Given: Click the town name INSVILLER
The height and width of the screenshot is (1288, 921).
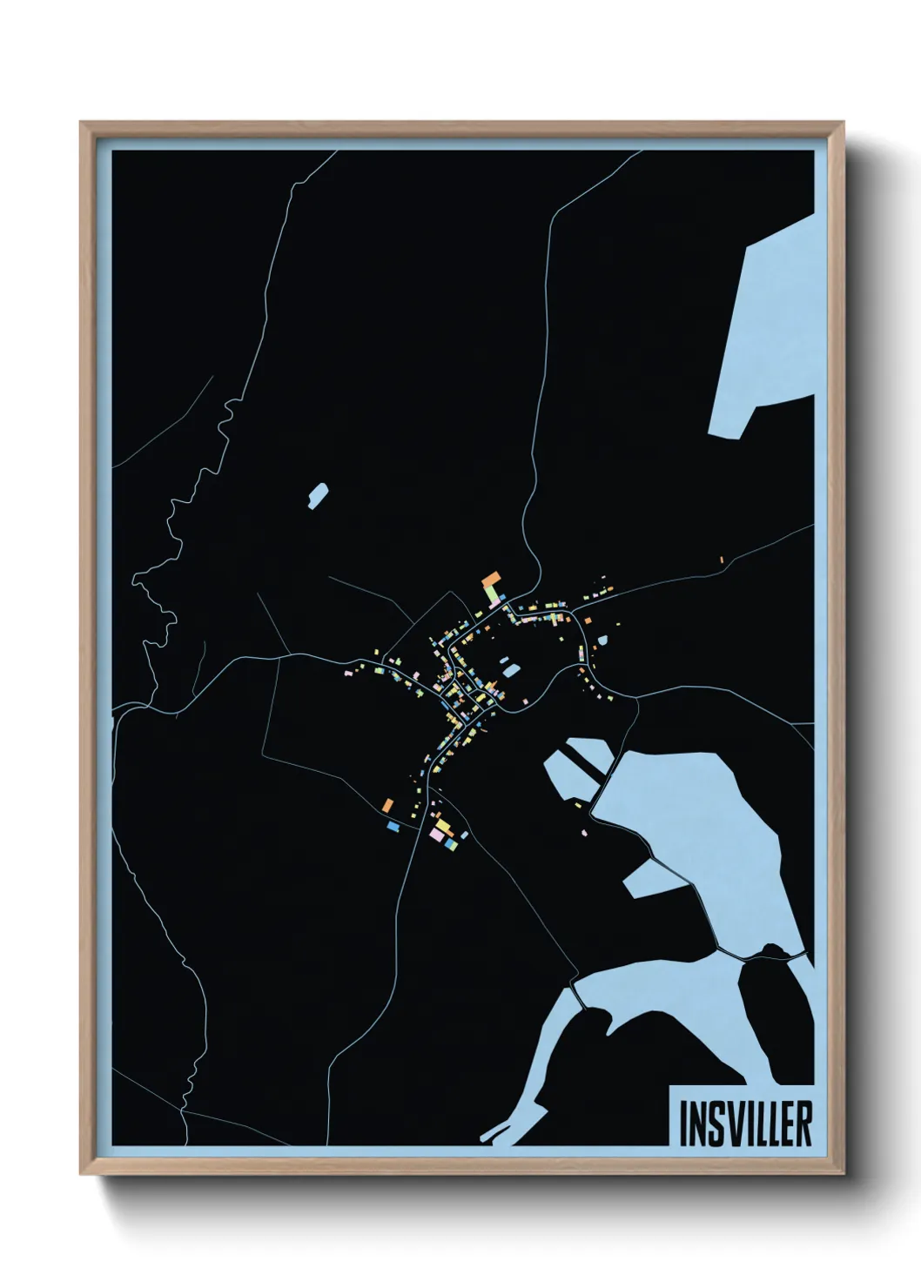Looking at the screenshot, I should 744,1124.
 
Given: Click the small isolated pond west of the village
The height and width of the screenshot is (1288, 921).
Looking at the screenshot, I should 318,496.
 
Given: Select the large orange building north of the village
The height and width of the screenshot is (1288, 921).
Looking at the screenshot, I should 492,579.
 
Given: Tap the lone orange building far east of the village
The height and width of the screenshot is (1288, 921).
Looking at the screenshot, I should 721,560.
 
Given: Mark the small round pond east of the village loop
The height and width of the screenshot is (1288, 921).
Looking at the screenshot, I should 602,641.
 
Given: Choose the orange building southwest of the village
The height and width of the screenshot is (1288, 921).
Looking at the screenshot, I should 388,805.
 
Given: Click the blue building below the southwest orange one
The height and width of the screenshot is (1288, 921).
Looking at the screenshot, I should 393,824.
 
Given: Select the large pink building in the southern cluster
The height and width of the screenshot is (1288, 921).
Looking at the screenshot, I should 435,834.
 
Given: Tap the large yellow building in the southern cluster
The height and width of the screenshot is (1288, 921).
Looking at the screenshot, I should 443,823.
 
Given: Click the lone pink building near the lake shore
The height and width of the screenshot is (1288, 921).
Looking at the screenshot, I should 585,834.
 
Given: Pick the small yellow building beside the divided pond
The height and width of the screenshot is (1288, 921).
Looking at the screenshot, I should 579,806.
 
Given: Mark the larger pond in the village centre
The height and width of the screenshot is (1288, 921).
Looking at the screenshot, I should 510,670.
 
